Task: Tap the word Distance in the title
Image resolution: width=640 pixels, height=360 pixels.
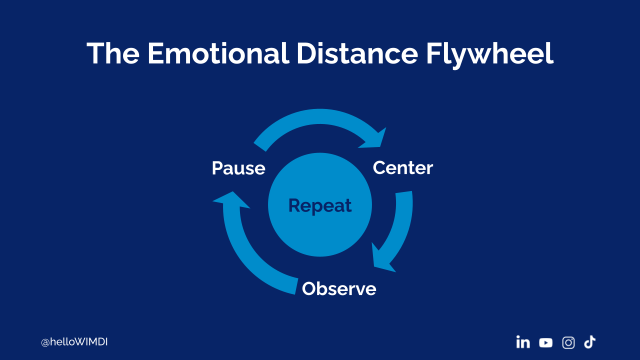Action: point(356,53)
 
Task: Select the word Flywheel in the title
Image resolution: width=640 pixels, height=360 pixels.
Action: point(489,53)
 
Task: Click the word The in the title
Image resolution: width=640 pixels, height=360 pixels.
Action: point(113,53)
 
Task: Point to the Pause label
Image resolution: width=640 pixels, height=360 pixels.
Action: point(238,168)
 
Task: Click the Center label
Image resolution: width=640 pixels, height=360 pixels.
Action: point(403,168)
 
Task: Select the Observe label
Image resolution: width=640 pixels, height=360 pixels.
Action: point(339,289)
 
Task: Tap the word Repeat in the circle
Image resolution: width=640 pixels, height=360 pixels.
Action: point(320,205)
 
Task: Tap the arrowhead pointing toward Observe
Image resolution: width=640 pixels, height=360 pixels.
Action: point(382,260)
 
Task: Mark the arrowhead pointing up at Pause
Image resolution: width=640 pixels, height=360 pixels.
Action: point(230,199)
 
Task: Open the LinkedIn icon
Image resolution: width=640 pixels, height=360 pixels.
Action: point(523,342)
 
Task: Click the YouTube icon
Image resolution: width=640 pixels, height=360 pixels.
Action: point(546,342)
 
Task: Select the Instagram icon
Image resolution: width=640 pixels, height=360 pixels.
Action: point(568,342)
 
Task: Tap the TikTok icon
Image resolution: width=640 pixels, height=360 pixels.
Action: point(590,342)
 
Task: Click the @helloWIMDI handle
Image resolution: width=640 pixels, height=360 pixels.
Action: point(74,342)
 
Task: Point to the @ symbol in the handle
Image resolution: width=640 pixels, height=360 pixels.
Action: point(44,343)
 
